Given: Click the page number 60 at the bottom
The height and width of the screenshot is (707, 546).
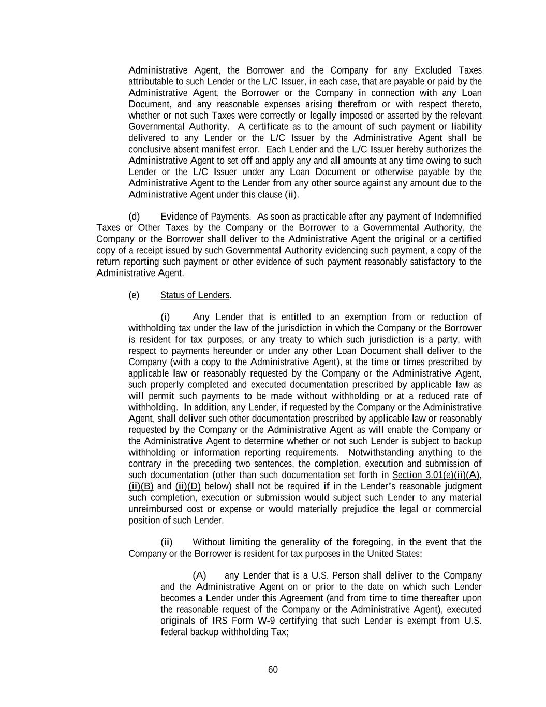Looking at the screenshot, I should coord(273,670).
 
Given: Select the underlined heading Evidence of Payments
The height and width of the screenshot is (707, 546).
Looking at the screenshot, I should coord(205,217).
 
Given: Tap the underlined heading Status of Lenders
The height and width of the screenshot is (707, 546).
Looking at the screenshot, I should coord(195,295).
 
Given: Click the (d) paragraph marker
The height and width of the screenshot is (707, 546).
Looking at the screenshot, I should coord(134,217).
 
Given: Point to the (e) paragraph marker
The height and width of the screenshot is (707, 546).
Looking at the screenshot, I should coord(134,295).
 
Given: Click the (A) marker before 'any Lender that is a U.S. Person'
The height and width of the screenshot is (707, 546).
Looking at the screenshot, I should coord(199,575).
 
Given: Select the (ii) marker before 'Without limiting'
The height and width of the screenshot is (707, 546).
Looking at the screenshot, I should coord(166,542).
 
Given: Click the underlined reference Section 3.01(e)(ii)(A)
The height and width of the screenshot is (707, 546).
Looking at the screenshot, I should coord(437,475).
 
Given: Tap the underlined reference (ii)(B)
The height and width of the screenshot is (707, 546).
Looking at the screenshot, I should coord(141,487).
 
